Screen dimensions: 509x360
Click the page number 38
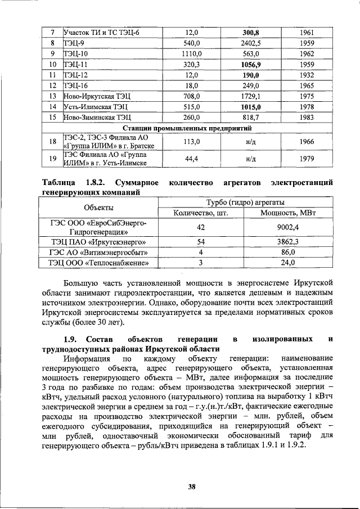191,471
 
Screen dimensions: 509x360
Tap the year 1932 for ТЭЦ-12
307,75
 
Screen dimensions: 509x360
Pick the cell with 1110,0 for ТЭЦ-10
191,53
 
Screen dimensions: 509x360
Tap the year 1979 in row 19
307,159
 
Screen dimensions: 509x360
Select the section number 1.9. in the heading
74,340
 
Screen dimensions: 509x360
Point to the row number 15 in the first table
52,118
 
